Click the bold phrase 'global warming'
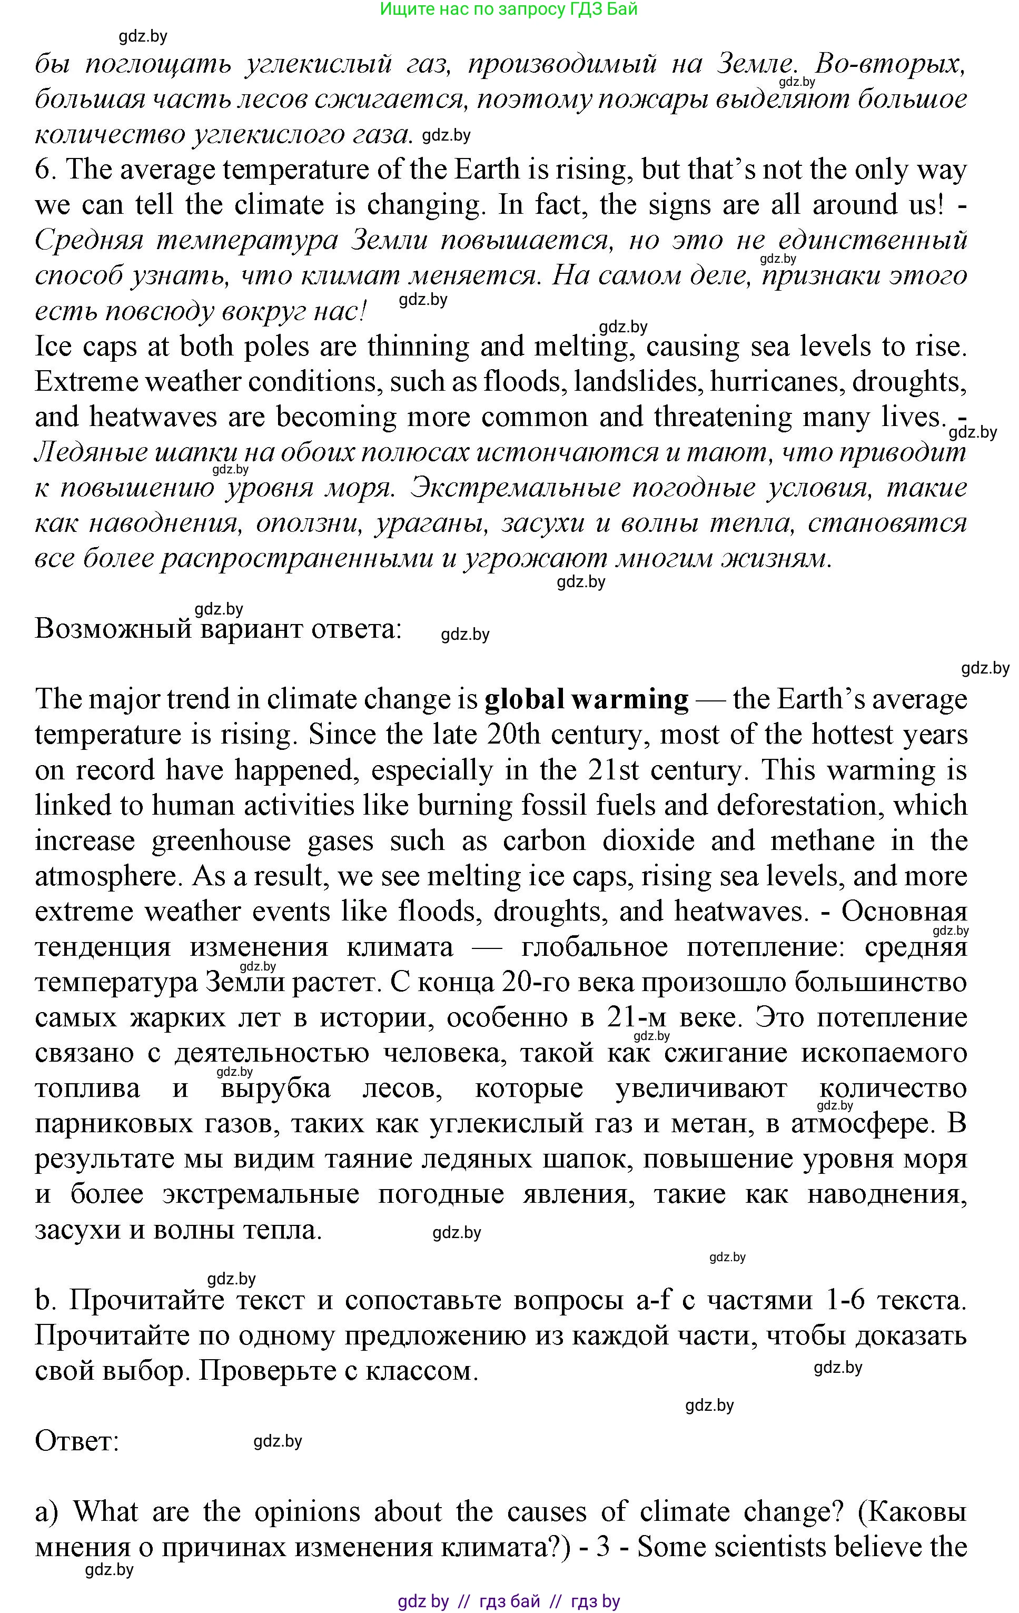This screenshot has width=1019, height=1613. pos(586,699)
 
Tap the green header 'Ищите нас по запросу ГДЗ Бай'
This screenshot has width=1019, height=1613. pos(509,9)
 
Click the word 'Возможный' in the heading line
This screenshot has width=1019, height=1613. pos(113,629)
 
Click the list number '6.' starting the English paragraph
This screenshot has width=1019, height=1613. pos(46,170)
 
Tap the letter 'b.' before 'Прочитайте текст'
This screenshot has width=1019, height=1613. pos(45,1300)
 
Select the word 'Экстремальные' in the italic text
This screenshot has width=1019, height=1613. pos(516,488)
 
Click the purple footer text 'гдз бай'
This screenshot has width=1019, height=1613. pos(510,1601)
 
